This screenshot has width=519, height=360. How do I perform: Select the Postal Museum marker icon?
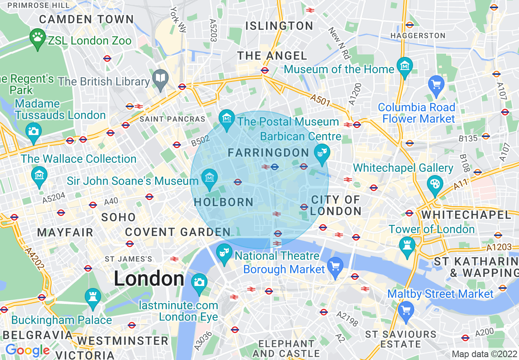(226, 119)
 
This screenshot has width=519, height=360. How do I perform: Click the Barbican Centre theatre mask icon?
(322, 153)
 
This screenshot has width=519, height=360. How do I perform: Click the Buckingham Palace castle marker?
(93, 298)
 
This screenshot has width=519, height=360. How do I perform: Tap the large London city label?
(149, 279)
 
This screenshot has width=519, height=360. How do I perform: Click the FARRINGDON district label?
(268, 153)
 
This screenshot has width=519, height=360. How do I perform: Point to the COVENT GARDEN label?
(178, 232)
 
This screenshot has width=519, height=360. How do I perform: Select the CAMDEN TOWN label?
(86, 19)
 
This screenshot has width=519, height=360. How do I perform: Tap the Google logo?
(27, 350)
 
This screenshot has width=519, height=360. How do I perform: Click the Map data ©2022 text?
(484, 354)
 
